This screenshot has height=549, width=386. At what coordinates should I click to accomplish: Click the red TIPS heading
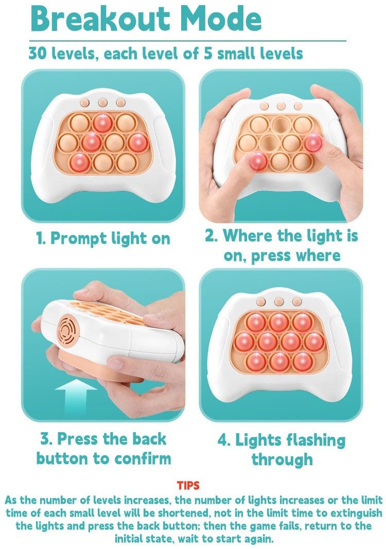coord(188,485)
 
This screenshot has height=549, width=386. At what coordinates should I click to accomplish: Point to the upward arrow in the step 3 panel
coord(76,397)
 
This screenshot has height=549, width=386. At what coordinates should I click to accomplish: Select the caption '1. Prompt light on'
coord(103,239)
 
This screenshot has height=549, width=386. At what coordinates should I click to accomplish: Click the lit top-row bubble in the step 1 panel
coord(102,123)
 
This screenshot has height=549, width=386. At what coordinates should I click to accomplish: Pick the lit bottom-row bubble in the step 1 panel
coord(80,162)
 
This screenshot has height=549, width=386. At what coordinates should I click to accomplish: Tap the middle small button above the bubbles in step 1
coord(102,102)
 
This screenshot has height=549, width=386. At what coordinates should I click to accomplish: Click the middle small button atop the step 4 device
coord(279,302)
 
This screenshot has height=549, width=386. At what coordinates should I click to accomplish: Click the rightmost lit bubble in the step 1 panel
coord(138,142)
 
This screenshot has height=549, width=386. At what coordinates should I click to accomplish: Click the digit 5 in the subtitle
coord(208,54)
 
